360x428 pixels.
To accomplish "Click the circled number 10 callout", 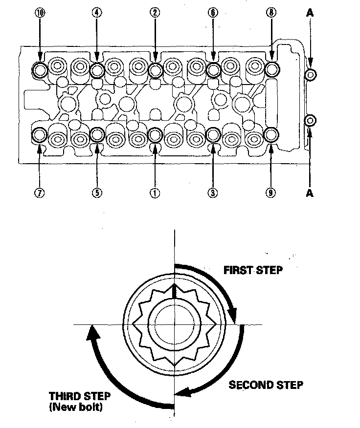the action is coord(40,13).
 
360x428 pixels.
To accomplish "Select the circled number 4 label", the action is coord(97,13).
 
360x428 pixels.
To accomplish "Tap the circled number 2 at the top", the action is coord(155,13).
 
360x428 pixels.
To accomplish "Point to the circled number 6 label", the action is coord(213,13).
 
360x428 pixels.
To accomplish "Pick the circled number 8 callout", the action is coord(271,13).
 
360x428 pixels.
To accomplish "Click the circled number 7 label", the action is coord(39,193).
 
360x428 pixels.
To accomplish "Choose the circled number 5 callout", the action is coord(97,193).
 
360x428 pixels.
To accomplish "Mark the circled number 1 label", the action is coord(155,193).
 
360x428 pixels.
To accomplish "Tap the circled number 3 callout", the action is coord(213,193).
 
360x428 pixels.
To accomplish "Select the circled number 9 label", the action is coord(270,193).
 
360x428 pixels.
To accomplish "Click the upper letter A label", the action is coord(310,13).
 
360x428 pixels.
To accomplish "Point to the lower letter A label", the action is coord(310,193).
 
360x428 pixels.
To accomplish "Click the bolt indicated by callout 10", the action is coord(40,70).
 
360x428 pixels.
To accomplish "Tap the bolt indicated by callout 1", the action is coord(155,134).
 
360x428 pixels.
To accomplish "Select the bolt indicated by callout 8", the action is coord(272,69).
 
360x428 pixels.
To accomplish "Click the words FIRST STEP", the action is coord(253,270).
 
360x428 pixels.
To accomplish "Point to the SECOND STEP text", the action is coord(266,385).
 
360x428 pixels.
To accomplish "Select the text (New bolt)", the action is coord(76,407).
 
